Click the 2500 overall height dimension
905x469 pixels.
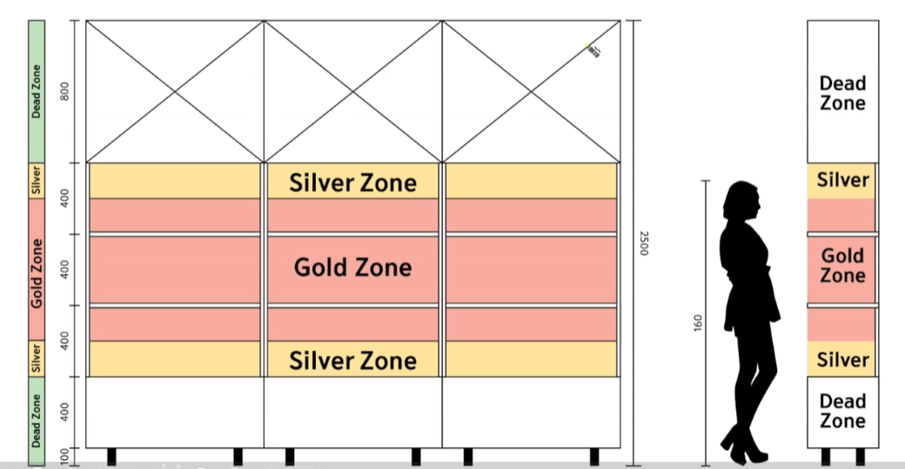(x=645, y=243)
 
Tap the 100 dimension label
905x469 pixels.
(x=64, y=457)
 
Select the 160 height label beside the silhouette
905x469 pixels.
(x=698, y=323)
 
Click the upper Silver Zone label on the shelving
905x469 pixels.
(x=352, y=183)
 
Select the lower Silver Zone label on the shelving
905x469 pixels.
(x=352, y=360)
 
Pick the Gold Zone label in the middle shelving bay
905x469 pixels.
(x=352, y=267)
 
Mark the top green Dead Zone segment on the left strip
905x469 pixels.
(x=37, y=90)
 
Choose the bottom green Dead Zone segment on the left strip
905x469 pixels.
(x=37, y=419)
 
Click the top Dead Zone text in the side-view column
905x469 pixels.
(x=842, y=93)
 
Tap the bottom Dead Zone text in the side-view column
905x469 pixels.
(x=842, y=411)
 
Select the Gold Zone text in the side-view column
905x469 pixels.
(x=842, y=265)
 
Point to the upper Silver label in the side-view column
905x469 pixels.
(x=842, y=180)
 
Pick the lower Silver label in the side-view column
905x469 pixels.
(x=842, y=359)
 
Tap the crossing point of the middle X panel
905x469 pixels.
(x=352, y=91)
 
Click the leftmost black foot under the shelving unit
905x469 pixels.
(x=111, y=456)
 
